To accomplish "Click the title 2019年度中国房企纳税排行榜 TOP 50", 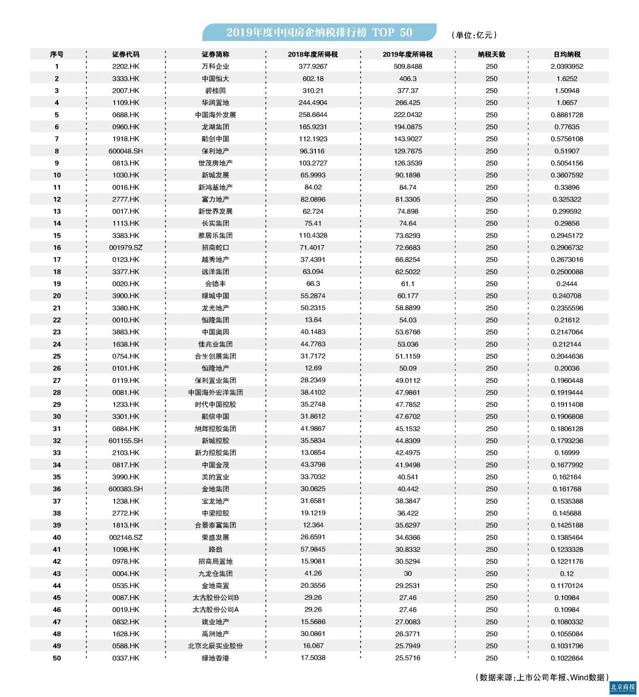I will (319, 32).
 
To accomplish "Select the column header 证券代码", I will (126, 54).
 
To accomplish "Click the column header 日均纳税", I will (567, 54).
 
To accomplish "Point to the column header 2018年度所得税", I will (313, 54).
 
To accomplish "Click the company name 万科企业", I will (215, 67).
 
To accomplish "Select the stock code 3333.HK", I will (126, 79).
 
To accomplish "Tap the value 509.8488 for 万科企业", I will (408, 67).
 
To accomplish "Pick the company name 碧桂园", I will (215, 91).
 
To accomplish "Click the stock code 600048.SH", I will (126, 151).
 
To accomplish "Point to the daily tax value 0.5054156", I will (567, 163).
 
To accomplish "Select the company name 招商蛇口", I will (215, 248).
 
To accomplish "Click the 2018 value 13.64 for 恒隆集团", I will (313, 320).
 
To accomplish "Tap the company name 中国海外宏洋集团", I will (215, 392).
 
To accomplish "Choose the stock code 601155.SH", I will (126, 441).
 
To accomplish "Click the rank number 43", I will (57, 574).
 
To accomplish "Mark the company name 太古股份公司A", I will (215, 610).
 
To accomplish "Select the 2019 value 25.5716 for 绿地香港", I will (408, 658).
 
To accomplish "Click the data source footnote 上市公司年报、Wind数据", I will (542, 677).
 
